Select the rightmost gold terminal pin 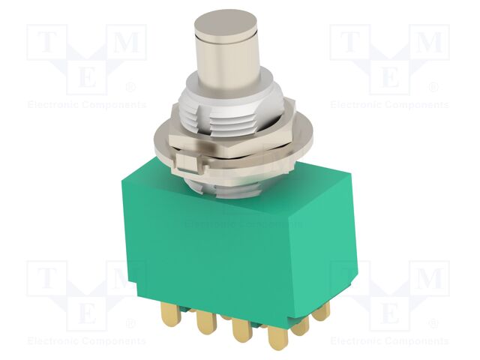pos(322,310)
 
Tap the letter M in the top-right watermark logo pos(428,43)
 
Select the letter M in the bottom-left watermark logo pos(125,279)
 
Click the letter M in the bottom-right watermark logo pos(428,279)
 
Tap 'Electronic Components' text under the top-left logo pos(86,105)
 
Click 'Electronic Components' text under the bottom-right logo pos(389,341)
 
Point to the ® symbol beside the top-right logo pos(435,88)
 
